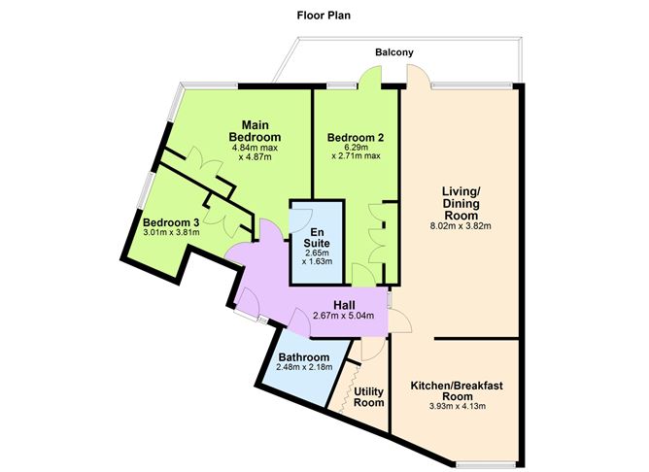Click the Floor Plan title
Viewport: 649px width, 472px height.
324,16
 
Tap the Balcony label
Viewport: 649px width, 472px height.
396,52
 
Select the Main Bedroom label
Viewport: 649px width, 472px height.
256,130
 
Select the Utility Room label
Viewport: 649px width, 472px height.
370,397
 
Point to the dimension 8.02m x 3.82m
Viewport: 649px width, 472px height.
462,227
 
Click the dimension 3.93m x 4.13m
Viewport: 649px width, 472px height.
457,406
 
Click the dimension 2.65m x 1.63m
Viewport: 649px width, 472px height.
317,255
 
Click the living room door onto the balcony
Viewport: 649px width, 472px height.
417,78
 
